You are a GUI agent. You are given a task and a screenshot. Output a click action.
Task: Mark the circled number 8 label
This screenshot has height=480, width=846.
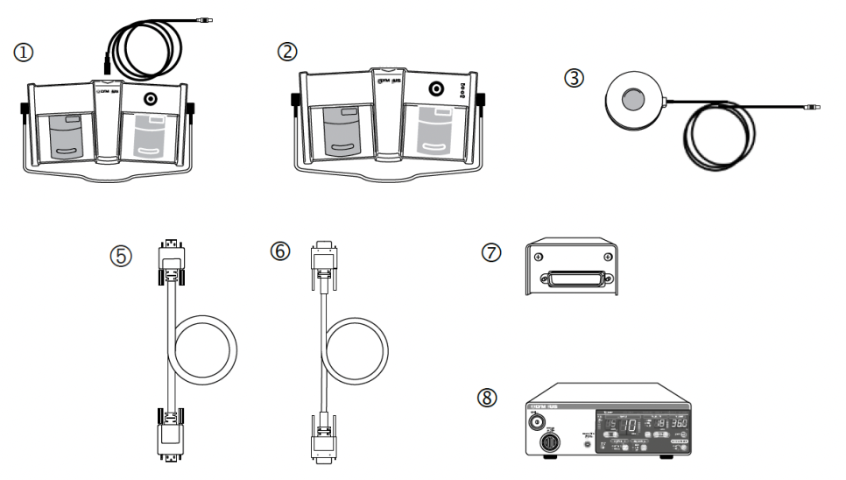click(489, 398)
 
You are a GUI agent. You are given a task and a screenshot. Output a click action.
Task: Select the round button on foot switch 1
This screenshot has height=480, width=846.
click(151, 100)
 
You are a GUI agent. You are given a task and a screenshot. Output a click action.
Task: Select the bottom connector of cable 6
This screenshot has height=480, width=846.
click(321, 438)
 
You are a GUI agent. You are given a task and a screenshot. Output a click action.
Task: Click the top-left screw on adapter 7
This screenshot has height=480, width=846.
click(538, 257)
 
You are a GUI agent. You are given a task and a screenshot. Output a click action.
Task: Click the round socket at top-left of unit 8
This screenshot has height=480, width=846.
click(533, 424)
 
